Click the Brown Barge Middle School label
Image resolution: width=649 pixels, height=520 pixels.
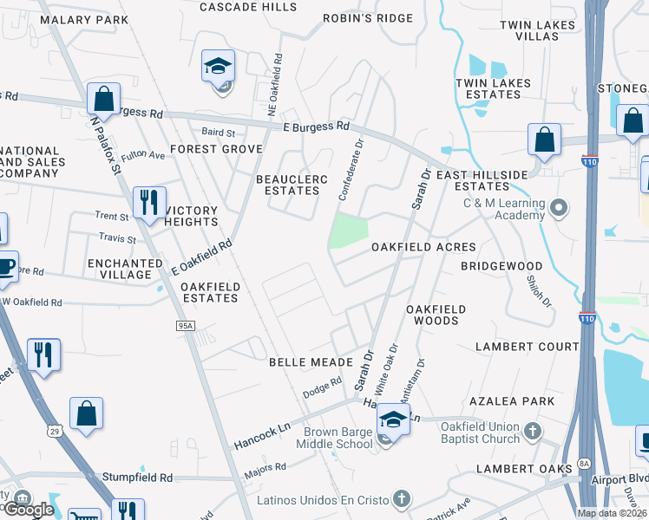tap(338, 439)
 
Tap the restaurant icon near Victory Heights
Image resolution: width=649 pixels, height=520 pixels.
tap(149, 203)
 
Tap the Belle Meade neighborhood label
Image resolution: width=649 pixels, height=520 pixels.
tap(310, 361)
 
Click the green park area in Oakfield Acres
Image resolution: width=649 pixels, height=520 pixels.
tap(349, 230)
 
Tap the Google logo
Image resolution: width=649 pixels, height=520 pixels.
tap(29, 510)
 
